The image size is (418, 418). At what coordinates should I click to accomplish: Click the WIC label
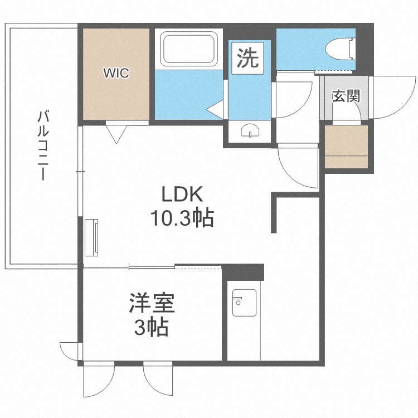point(115,73)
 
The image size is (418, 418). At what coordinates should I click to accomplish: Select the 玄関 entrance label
point(346,96)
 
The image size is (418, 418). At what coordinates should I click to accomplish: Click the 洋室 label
point(152,304)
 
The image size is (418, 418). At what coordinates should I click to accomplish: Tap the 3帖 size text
point(152,328)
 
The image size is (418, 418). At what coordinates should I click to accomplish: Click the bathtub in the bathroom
point(189,48)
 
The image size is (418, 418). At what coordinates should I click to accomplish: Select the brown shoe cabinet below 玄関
point(346,147)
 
